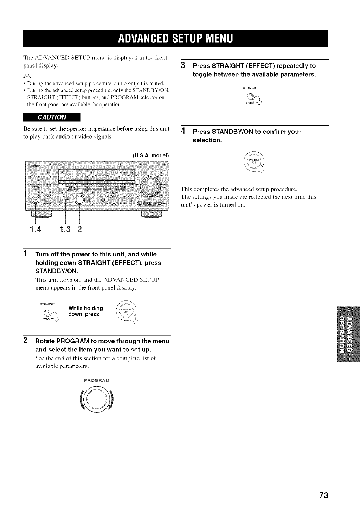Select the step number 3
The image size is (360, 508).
tap(183, 65)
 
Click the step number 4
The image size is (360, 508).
tap(183, 132)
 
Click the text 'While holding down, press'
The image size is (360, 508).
tap(86, 311)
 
